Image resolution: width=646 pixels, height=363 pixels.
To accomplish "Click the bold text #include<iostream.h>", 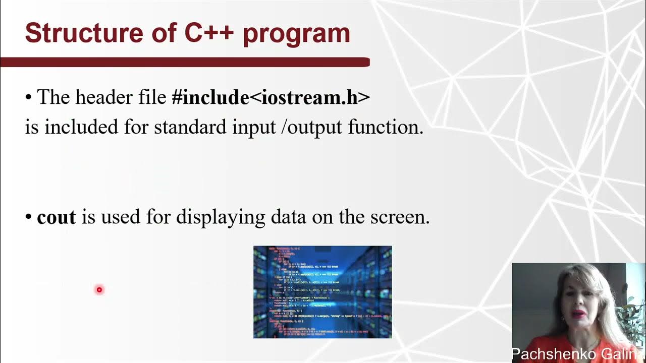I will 271,97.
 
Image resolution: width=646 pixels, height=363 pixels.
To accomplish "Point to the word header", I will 105,97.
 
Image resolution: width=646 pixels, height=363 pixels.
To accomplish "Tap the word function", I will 385,127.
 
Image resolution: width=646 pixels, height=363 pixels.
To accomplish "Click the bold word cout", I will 57,217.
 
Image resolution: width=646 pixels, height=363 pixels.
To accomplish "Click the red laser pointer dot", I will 99,289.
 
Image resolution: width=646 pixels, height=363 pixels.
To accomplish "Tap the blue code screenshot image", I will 322,292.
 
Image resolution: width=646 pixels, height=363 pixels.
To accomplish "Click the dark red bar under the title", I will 185,62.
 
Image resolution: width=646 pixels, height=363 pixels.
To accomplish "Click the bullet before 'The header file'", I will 28,97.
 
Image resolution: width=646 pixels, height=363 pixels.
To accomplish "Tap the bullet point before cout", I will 28,218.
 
